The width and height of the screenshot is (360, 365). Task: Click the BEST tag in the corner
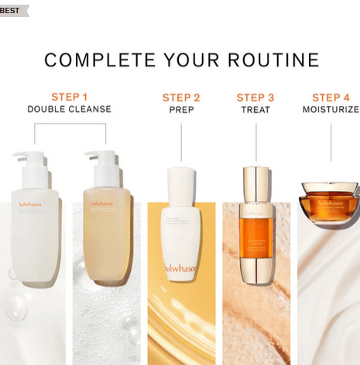point(11,10)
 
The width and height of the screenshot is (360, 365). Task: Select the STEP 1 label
point(69,97)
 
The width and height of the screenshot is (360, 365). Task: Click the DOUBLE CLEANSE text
point(69,110)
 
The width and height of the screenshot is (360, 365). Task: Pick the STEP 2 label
point(181,97)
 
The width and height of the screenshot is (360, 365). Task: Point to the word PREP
point(181,111)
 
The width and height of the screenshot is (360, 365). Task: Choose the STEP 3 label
point(255,97)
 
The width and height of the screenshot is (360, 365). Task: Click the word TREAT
point(255,111)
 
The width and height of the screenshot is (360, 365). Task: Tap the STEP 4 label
point(331,97)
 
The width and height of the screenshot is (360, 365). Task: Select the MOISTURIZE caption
point(331,111)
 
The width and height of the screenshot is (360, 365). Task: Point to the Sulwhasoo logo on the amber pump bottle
point(102,205)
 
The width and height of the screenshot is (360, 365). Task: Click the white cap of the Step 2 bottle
point(182,179)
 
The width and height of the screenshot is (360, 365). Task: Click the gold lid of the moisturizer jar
point(329,189)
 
